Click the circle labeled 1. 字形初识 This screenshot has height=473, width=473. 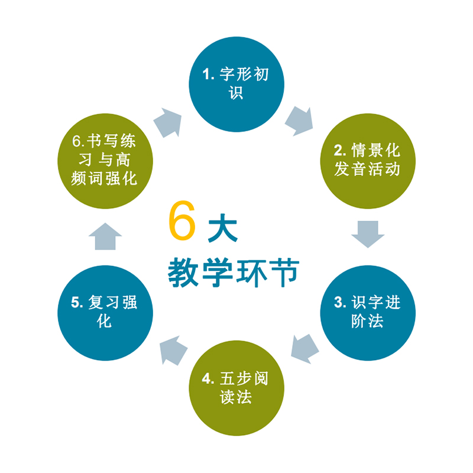tap(237, 83)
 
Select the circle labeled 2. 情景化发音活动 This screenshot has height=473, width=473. tap(368, 160)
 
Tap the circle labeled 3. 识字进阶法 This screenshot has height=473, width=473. tap(368, 312)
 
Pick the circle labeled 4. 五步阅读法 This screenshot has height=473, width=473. tap(237, 387)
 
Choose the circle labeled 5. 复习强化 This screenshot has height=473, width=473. tap(105, 312)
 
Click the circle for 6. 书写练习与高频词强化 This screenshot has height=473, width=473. tap(105, 160)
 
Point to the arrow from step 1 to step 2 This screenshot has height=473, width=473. tap(299, 121)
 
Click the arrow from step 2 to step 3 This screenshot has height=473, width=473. tap(368, 234)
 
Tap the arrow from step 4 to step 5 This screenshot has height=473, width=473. tap(173, 349)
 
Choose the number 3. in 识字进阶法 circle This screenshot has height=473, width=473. tap(339, 303)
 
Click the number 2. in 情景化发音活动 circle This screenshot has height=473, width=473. tap(339, 151)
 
